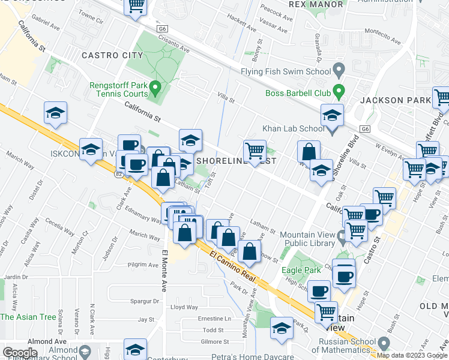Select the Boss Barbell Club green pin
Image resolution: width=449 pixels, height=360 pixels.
pos(339,92)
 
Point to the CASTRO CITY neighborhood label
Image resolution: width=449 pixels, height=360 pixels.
pos(112,55)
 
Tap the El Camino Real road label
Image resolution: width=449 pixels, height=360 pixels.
pos(234,267)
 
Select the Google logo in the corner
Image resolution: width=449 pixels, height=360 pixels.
pos(20,353)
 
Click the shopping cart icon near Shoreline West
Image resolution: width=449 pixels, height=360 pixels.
pos(255,150)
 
